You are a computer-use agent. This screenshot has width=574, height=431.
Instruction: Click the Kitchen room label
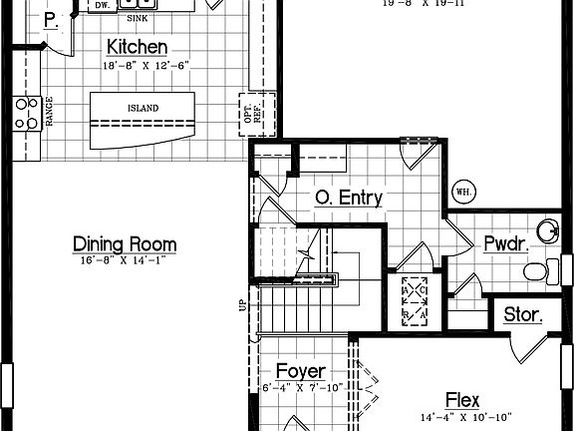(137, 47)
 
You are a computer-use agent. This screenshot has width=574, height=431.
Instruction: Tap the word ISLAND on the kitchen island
(143, 108)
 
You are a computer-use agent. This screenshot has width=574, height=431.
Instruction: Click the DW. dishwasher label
(103, 6)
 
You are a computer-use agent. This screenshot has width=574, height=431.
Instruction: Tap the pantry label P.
(51, 21)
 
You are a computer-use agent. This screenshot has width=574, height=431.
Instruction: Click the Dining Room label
(126, 243)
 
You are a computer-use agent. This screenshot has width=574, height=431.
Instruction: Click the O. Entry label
(349, 198)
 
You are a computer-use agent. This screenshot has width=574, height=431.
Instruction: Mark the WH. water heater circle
(463, 191)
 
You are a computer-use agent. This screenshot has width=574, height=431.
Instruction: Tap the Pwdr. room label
(507, 243)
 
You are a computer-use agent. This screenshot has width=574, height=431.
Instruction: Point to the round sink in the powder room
(547, 232)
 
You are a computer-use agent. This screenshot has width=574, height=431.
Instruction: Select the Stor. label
(522, 315)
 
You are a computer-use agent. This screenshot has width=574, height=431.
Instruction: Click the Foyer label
(301, 371)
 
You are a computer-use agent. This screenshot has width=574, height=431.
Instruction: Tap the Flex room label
(463, 400)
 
